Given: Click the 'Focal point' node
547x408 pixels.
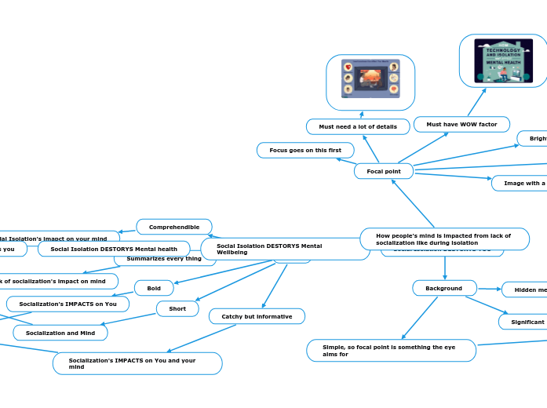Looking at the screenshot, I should [x=384, y=171].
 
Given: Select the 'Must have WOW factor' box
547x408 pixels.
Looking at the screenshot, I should [x=461, y=124].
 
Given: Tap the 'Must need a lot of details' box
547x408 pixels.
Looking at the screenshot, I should [x=358, y=126].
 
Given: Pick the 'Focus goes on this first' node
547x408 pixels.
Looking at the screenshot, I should [x=305, y=150].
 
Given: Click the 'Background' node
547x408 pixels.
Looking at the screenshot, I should [x=444, y=288].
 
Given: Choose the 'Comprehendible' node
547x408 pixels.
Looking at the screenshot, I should [x=174, y=227].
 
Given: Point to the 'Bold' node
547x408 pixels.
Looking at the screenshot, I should [x=154, y=288].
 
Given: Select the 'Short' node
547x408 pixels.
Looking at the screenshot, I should [x=177, y=308].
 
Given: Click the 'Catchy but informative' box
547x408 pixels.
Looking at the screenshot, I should [x=257, y=316].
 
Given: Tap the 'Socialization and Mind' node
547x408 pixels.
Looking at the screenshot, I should [x=60, y=333].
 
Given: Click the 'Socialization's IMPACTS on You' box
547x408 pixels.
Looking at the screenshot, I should [x=67, y=304].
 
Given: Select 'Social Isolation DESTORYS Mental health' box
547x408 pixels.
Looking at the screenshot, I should [x=114, y=250].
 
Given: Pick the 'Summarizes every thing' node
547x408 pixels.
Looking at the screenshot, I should [x=164, y=259].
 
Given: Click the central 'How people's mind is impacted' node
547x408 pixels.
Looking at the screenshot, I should [x=444, y=239].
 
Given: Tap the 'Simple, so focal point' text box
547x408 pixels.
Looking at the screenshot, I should [x=391, y=350].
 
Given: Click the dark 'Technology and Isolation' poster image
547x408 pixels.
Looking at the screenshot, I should [x=503, y=61].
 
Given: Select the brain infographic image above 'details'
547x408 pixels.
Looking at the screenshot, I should [x=370, y=82].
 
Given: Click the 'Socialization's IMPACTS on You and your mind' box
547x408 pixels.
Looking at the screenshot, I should [x=137, y=363].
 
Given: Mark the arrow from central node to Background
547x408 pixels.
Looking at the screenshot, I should [x=445, y=267].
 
